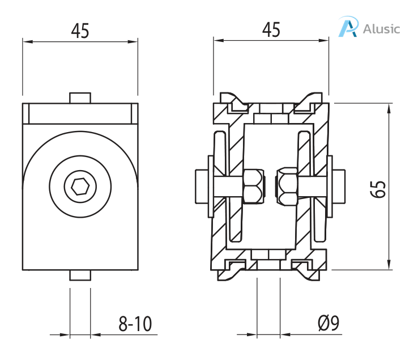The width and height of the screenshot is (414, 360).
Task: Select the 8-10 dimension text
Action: pos(135,324)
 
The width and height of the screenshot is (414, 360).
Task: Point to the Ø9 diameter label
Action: pos(328,324)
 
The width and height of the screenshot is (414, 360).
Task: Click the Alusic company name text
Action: pos(381,28)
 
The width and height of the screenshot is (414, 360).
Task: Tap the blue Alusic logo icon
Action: pos(348,28)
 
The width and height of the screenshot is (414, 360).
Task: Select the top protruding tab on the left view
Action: pos(80,98)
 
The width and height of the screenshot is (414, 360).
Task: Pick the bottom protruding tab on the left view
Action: pos(80,275)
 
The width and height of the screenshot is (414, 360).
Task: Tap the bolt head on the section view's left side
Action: pos(201,186)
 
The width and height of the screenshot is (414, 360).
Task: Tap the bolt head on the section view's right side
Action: pos(339,186)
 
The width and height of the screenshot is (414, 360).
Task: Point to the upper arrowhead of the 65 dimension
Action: pos(389,107)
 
